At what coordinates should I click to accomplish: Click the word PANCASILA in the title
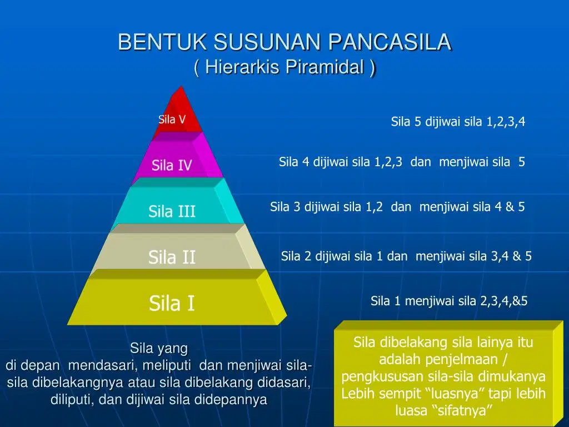[390, 42]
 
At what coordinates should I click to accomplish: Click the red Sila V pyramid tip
[172, 120]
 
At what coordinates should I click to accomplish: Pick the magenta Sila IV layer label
[172, 165]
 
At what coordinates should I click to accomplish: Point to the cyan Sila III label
[172, 211]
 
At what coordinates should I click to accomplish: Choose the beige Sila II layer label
[172, 257]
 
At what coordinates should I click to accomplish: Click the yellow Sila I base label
[172, 303]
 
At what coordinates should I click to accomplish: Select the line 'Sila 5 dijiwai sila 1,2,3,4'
[458, 122]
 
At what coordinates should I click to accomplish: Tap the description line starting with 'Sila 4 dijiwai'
[402, 162]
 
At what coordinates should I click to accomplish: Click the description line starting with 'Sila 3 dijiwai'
[397, 207]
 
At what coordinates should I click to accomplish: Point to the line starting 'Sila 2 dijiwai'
[406, 256]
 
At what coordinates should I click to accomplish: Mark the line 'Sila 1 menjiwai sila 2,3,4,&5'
[449, 301]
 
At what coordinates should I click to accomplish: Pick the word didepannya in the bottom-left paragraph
[231, 399]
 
